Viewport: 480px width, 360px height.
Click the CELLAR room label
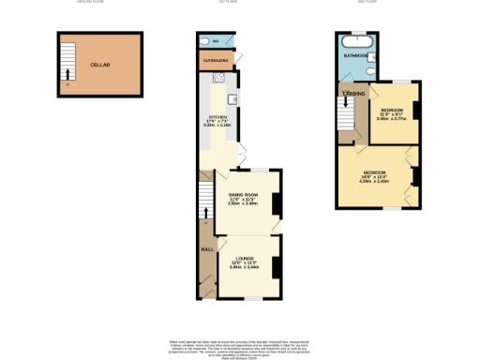point(100,65)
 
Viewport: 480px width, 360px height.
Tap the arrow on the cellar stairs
point(66,72)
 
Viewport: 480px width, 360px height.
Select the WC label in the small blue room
point(216,42)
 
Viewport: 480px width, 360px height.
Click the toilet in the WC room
point(204,42)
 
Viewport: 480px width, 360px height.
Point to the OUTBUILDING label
point(214,62)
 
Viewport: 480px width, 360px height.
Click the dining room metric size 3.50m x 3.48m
point(242,203)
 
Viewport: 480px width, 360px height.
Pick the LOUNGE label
point(244,258)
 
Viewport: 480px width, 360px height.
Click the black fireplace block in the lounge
point(277,267)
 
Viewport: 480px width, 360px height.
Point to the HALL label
point(206,249)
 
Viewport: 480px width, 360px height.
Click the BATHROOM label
point(354,56)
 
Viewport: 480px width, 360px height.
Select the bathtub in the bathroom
point(357,42)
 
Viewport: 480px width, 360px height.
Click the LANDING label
point(353,95)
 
